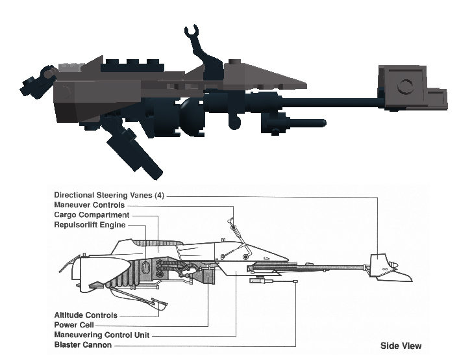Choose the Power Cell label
75,324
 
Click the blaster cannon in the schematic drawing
273,281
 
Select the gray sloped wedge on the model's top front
266,75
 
